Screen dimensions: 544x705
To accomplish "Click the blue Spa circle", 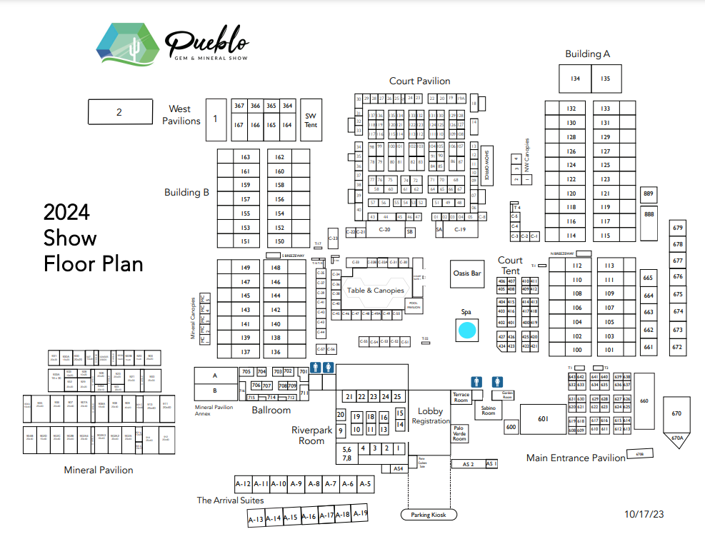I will [466, 331].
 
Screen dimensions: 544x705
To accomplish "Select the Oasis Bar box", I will [467, 273].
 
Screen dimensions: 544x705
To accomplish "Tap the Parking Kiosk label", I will [429, 515].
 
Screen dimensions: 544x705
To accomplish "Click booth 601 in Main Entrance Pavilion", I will [542, 419].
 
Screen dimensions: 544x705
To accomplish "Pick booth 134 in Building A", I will [575, 79].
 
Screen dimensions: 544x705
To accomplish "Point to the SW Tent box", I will [311, 120].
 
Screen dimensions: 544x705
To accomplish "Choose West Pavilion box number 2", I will [119, 111].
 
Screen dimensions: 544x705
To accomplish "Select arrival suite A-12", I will [244, 484].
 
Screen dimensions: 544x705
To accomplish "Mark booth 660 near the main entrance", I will [644, 401].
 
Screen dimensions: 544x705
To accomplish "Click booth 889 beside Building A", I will [649, 194].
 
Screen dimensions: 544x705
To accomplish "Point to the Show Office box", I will [486, 166].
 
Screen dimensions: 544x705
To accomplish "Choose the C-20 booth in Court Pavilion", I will [384, 230].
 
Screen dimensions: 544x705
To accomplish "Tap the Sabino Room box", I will [488, 410].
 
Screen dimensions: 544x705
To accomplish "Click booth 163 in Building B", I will [245, 157].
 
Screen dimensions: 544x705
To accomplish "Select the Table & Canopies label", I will [376, 291].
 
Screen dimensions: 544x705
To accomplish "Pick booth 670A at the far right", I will [677, 438].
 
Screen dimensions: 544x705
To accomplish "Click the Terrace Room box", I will [461, 397].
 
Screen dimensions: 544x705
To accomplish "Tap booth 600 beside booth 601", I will [511, 427].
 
